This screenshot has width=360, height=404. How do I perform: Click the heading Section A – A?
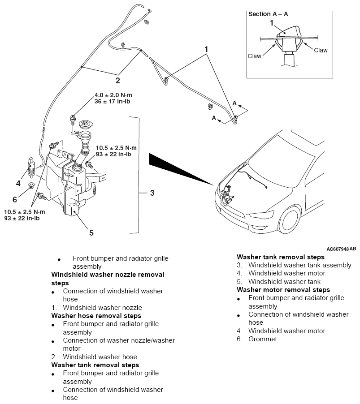pyautogui.click(x=268, y=14)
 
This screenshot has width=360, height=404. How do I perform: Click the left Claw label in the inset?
pyautogui.click(x=254, y=56)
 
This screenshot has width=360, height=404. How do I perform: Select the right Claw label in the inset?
pyautogui.click(x=321, y=50)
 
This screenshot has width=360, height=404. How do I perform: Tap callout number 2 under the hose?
pyautogui.click(x=117, y=81)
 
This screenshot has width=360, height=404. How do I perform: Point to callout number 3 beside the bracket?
pyautogui.click(x=152, y=193)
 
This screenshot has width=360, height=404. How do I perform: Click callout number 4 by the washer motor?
pyautogui.click(x=18, y=183)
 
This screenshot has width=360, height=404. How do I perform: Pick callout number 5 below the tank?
pyautogui.click(x=91, y=232)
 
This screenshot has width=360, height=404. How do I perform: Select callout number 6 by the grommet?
pyautogui.click(x=15, y=199)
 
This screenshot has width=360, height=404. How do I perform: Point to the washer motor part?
pyautogui.click(x=31, y=166)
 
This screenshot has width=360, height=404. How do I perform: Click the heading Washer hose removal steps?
pyautogui.click(x=96, y=316)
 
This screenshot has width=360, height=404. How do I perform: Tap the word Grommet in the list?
pyautogui.click(x=263, y=339)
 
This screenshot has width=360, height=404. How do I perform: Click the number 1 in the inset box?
pyautogui.click(x=272, y=22)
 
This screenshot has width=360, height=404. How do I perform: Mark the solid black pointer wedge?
pyautogui.click(x=179, y=168)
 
